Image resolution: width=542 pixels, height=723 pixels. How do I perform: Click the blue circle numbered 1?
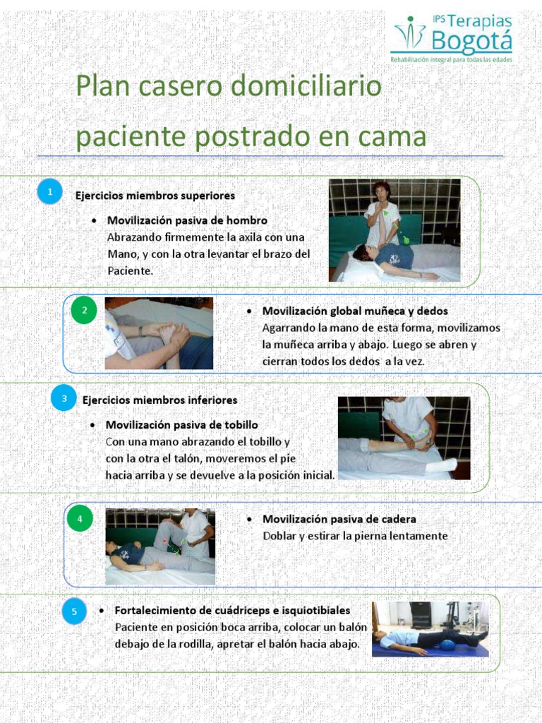49,191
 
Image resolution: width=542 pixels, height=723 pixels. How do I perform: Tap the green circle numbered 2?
84,311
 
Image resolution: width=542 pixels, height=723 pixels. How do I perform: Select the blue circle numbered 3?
64,399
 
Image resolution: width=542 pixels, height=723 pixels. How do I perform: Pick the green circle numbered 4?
80,520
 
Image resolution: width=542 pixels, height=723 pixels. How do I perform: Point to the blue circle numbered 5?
74,611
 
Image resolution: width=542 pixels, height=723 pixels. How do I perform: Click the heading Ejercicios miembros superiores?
155,195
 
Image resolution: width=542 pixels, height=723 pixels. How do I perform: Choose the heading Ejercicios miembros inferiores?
159,400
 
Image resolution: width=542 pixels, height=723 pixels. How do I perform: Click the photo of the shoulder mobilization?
395,230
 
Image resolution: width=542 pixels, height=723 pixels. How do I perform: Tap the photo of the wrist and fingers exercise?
159,333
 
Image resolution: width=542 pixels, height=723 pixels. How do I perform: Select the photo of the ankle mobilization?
404,438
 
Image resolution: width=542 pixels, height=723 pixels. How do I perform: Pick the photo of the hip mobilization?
160,546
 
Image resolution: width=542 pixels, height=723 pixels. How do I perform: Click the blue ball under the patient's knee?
446,643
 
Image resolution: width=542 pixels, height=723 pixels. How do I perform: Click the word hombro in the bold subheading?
243,220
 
